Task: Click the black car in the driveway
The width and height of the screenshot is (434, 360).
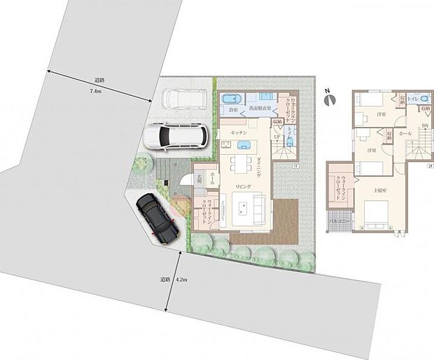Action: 158,216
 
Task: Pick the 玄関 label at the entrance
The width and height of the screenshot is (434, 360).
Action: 199,179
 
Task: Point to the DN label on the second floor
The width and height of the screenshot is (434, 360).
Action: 424,125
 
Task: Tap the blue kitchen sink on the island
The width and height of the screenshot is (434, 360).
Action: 244,146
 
